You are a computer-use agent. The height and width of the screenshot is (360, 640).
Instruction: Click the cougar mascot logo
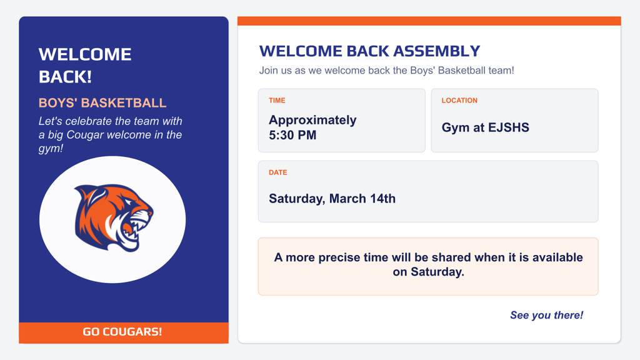113,217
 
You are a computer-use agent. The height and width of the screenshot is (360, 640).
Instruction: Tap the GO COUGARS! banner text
122,332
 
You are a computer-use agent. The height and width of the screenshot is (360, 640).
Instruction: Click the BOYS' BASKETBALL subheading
102,103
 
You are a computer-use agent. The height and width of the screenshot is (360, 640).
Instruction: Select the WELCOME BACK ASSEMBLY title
369,51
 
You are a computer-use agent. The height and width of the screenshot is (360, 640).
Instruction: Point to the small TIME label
277,101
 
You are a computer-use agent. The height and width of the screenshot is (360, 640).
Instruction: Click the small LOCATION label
459,101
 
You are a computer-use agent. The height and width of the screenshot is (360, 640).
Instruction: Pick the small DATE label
278,172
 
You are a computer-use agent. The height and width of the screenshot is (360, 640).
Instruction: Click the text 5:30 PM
292,135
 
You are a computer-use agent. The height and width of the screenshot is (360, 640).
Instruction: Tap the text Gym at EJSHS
485,127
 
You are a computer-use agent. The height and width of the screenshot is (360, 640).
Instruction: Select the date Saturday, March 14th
332,199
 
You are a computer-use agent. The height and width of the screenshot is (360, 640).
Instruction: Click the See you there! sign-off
546,315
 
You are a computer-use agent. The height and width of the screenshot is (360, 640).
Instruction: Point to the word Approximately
312,120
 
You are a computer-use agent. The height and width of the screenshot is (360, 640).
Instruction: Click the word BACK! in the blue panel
65,77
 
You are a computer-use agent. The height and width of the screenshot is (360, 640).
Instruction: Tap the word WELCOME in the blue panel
85,54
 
